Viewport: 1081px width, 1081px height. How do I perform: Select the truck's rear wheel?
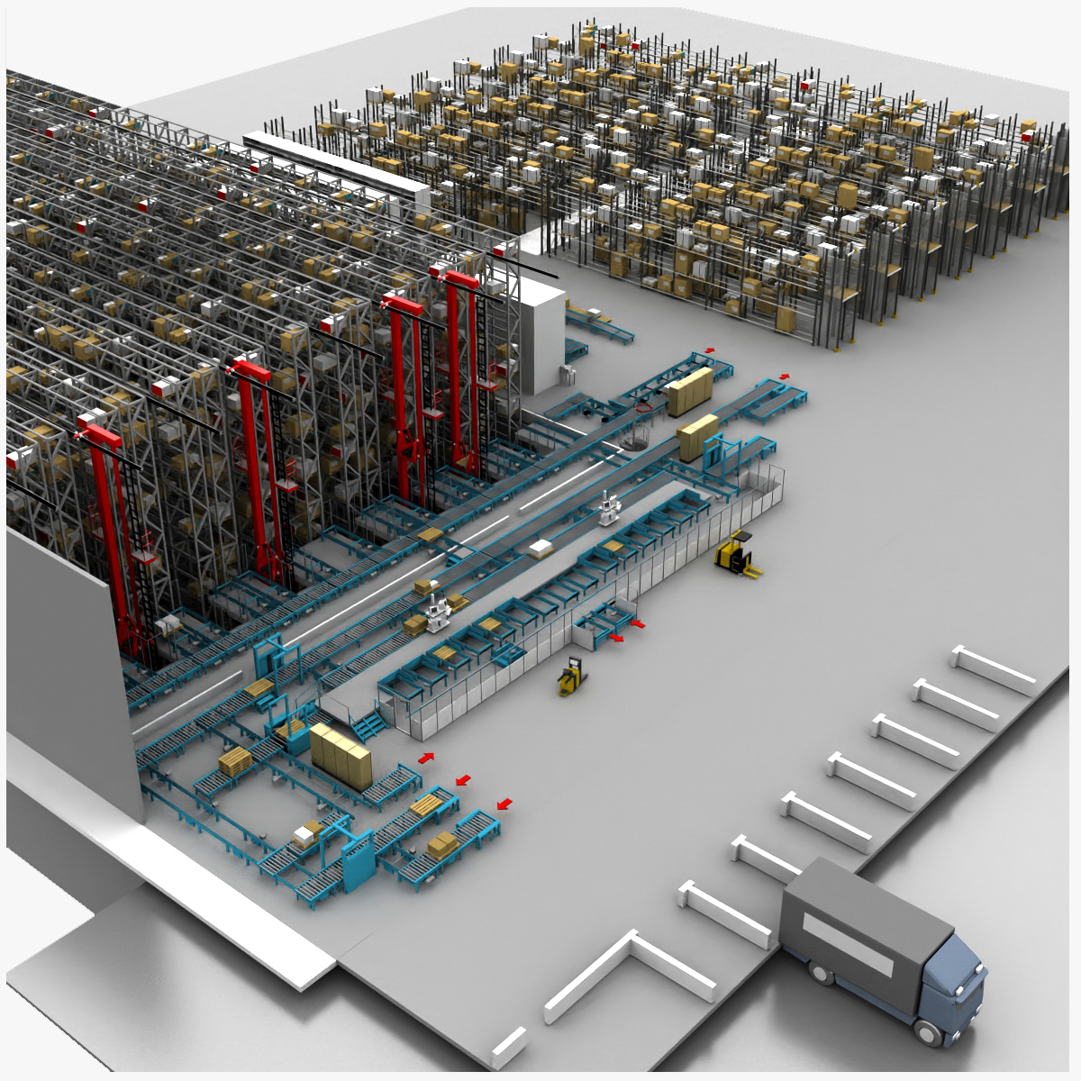point(820,973)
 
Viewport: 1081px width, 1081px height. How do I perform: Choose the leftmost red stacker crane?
point(113,531)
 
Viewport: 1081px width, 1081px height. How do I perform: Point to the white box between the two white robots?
point(541,547)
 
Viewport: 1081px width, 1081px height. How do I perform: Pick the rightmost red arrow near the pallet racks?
point(784,376)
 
